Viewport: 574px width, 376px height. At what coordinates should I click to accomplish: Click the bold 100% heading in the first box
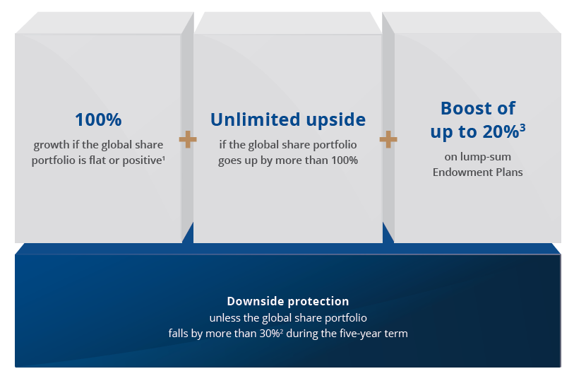click(98, 120)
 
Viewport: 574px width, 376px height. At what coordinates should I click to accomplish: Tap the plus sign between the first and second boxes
click(188, 139)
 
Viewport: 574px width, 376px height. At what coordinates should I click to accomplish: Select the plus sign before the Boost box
click(388, 139)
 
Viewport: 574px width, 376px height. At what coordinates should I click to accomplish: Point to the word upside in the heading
click(335, 120)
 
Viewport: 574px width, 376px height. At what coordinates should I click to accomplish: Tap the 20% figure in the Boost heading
click(501, 132)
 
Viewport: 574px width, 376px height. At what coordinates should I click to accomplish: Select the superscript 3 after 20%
click(522, 127)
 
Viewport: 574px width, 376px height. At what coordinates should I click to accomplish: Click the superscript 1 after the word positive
click(164, 158)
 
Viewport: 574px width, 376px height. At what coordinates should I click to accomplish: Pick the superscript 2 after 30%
click(282, 331)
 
